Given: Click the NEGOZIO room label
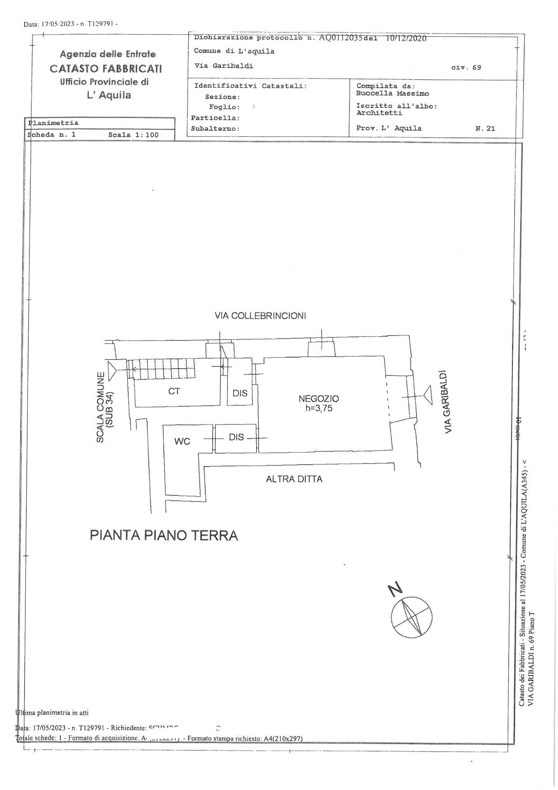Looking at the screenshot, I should tap(319, 399).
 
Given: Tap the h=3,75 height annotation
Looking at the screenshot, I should tap(319, 409).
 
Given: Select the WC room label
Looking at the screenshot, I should tap(182, 441).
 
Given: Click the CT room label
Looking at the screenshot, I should tap(174, 391).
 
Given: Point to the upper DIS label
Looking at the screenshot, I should tap(240, 393).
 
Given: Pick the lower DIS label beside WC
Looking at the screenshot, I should tap(236, 437).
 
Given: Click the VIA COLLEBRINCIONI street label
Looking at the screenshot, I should tap(260, 316).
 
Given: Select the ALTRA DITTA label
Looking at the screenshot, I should tap(294, 479).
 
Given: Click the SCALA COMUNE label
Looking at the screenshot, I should tap(100, 407).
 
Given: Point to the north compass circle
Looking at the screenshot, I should tap(412, 618).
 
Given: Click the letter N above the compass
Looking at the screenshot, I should tap(395, 590).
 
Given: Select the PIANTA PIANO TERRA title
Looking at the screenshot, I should tap(164, 535).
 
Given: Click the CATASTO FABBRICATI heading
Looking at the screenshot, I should tap(106, 68).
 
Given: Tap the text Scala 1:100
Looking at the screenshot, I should tap(133, 135).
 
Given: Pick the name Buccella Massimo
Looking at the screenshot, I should tap(392, 93).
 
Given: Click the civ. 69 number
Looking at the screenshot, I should tap(466, 67).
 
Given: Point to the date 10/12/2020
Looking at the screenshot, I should tap(406, 38).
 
